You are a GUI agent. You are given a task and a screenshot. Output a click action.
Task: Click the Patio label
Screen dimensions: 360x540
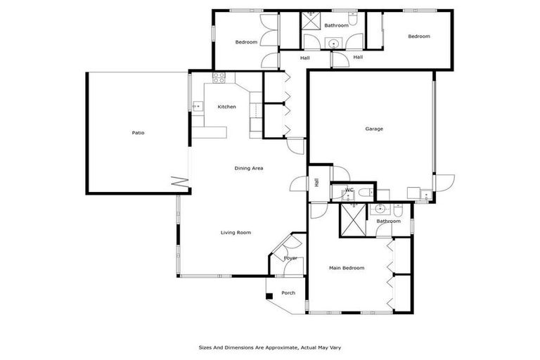pyautogui.click(x=139, y=133)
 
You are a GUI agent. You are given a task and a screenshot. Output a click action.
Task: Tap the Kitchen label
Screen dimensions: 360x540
pyautogui.click(x=226, y=107)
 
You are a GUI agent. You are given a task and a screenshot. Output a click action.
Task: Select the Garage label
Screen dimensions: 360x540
pyautogui.click(x=374, y=129)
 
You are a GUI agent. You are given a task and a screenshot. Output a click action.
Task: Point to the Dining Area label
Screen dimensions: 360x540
pyautogui.click(x=249, y=168)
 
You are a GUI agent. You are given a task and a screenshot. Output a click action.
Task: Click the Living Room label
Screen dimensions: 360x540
pyautogui.click(x=236, y=233)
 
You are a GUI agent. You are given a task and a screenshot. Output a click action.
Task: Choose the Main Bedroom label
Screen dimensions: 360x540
pyautogui.click(x=347, y=268)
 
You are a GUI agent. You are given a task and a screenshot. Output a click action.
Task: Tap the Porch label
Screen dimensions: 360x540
pyautogui.click(x=288, y=292)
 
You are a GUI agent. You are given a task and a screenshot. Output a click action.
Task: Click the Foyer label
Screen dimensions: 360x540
pyautogui.click(x=290, y=258)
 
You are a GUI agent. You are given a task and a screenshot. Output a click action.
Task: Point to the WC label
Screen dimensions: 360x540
pyautogui.click(x=349, y=191)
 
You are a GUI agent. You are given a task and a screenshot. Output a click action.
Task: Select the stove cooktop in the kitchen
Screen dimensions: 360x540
pyautogui.click(x=219, y=78)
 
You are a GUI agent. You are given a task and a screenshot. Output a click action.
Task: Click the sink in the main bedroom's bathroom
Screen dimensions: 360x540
pyautogui.click(x=380, y=209)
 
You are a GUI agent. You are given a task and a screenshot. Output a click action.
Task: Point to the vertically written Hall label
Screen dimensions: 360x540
pyautogui.click(x=317, y=183)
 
